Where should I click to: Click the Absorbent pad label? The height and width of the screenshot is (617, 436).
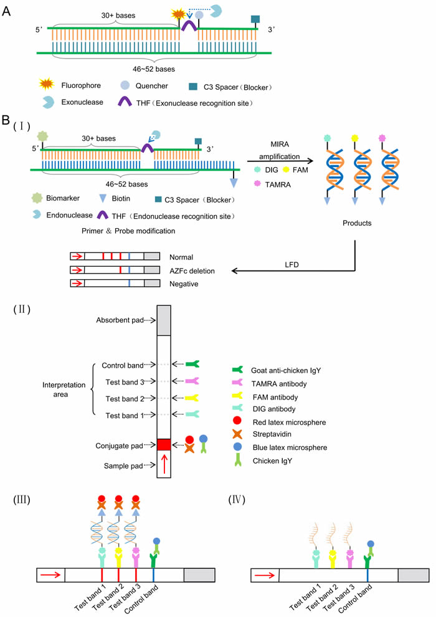(118, 320)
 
